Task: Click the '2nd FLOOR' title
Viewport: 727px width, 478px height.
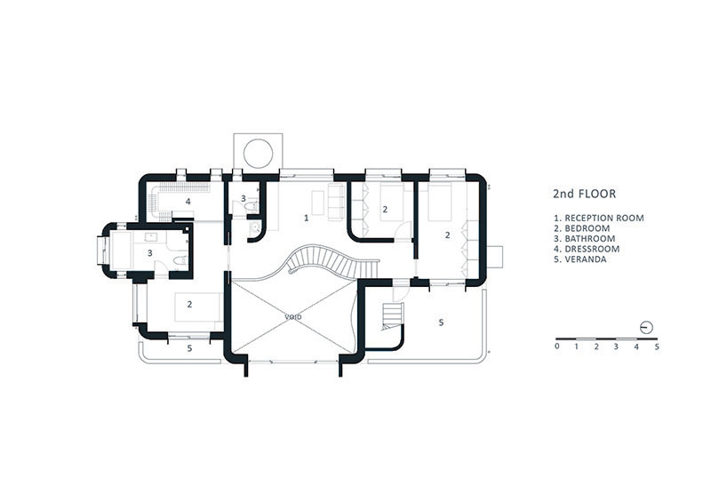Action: pos(584,194)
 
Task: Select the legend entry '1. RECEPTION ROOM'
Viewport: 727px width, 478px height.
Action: pos(599,218)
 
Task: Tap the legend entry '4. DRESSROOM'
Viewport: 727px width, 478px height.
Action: pos(587,249)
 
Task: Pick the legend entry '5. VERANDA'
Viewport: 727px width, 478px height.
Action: pos(580,259)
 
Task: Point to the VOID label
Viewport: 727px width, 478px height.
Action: pos(293,316)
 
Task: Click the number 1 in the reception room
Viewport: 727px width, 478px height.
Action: pos(306,218)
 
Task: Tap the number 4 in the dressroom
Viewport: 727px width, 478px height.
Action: pos(188,202)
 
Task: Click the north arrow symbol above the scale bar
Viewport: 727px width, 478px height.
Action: pos(646,328)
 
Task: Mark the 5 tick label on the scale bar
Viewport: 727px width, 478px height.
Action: pos(657,347)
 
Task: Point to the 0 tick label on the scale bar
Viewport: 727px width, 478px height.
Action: pos(557,347)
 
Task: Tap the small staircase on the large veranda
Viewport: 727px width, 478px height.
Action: pos(393,316)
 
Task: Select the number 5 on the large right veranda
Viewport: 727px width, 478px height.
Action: pos(441,323)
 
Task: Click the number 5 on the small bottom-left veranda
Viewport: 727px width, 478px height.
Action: pos(189,347)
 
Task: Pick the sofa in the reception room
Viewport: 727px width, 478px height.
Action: pos(337,202)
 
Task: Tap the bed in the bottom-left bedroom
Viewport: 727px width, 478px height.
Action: pos(197,307)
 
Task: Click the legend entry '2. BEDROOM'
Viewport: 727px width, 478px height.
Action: pos(582,228)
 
